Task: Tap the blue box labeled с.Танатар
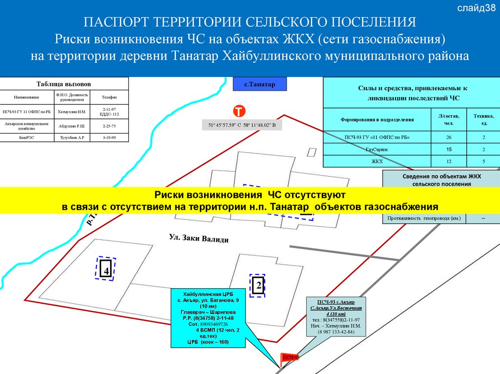(x=260, y=84)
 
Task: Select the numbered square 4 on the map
(x=105, y=269)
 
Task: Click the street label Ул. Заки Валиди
(x=198, y=238)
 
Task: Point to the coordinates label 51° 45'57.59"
(x=242, y=126)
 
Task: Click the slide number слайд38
(x=477, y=8)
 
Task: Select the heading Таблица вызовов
(x=64, y=83)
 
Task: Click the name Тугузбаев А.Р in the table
(x=72, y=138)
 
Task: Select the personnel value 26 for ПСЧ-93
(x=449, y=138)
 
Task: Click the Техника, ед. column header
(x=483, y=119)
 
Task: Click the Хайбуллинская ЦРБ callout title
(x=208, y=295)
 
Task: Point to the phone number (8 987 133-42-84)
(x=336, y=332)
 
